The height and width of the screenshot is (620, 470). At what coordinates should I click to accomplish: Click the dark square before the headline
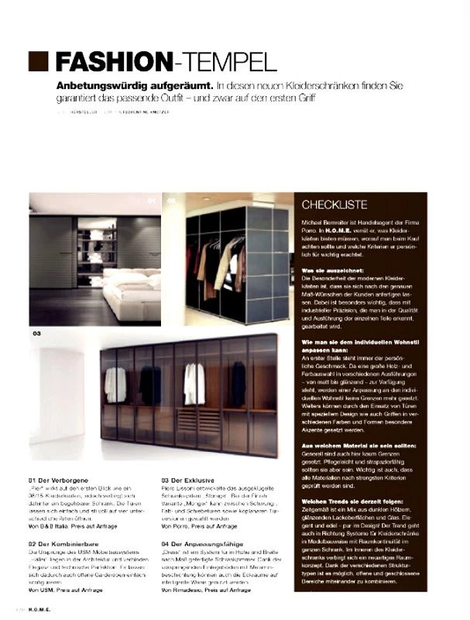coord(39,61)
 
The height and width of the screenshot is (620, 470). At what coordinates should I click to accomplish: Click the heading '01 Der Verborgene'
coord(59,480)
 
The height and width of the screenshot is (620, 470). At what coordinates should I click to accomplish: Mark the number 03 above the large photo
coord(36,334)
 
